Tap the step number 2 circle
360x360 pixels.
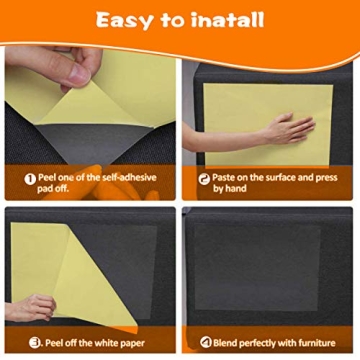(x=204, y=178)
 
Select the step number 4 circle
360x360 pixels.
(x=205, y=341)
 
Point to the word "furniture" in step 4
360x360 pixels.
(x=316, y=341)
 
